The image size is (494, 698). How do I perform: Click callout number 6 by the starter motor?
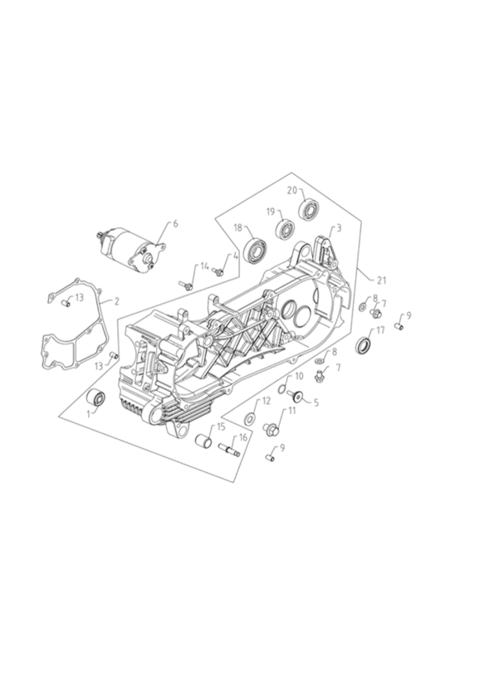point(175,223)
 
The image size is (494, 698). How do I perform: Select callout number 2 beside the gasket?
point(117,301)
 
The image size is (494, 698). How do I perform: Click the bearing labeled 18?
point(255,252)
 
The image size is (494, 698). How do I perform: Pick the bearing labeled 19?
point(286,229)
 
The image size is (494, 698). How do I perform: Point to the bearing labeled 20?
point(309,210)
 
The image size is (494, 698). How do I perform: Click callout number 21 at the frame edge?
point(381,281)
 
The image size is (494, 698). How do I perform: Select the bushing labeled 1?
point(96,397)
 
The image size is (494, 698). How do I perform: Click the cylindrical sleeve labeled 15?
point(205,442)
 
